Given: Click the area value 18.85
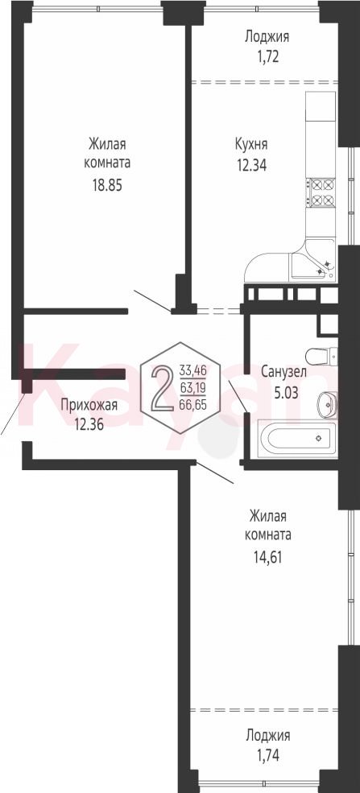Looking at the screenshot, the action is [x=106, y=185].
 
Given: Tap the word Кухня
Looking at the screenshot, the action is [x=250, y=145].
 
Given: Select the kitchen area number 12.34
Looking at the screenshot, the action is [x=250, y=164].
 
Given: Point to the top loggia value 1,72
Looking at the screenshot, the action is [x=267, y=56].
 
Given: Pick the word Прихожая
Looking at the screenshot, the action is [x=89, y=405].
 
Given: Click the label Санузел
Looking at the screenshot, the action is [x=283, y=373].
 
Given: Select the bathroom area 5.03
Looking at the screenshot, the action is [x=284, y=391].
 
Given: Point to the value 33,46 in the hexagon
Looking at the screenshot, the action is [x=192, y=370].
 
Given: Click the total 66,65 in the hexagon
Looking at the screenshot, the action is [x=192, y=404].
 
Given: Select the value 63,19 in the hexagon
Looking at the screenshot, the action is [x=192, y=387].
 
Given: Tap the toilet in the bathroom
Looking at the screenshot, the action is [x=321, y=356].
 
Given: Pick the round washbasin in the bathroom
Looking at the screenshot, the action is [x=327, y=403].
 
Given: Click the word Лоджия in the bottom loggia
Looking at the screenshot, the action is [x=267, y=735].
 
